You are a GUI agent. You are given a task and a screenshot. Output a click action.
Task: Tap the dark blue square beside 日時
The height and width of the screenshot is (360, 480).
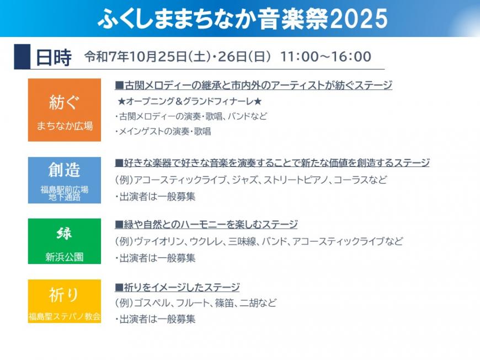point(22,56)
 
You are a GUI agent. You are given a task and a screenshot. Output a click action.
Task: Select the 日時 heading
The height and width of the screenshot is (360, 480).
point(54,57)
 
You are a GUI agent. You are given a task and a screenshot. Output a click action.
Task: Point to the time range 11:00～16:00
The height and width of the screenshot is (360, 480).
point(326,57)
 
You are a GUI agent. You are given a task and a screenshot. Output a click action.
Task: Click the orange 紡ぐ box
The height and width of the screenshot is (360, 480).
point(65,110)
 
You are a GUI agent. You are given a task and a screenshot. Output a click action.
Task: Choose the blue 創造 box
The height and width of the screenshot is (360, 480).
point(65,180)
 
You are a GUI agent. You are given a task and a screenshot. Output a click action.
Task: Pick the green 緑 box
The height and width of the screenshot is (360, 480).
point(65,241)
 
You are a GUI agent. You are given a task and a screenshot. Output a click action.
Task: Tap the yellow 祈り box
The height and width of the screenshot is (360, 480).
point(65,301)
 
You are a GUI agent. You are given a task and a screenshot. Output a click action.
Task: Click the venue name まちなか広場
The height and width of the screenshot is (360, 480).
point(65,126)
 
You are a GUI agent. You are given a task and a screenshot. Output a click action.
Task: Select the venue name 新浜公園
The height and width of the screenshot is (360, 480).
point(65,257)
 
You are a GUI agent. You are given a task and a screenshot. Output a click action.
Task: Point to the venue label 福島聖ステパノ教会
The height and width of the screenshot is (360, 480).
point(65,317)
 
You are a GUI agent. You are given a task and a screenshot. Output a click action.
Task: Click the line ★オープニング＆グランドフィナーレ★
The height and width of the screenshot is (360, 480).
point(189,101)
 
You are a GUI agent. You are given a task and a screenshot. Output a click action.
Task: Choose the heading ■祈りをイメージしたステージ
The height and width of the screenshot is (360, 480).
point(177,287)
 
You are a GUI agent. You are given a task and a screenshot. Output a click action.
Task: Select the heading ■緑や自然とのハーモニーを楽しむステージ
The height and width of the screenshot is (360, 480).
point(206,224)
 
